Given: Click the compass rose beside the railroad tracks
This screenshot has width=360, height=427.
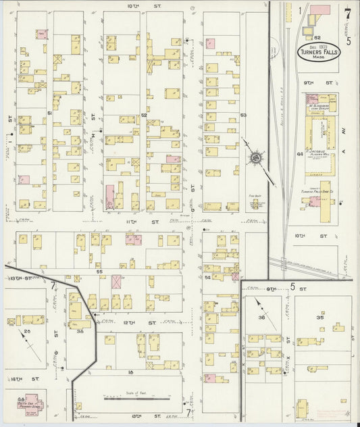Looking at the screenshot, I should click(x=257, y=159).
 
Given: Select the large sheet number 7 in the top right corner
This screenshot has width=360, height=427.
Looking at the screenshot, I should click(x=347, y=13).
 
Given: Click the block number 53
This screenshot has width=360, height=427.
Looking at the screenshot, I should click(x=243, y=116).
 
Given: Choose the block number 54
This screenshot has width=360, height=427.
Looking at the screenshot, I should click(x=209, y=278).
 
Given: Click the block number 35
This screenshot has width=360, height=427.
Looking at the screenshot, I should click(x=320, y=317).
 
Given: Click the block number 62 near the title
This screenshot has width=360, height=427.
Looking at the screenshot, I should click(x=316, y=37).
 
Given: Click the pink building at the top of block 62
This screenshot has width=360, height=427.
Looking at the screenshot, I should click(x=320, y=10).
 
